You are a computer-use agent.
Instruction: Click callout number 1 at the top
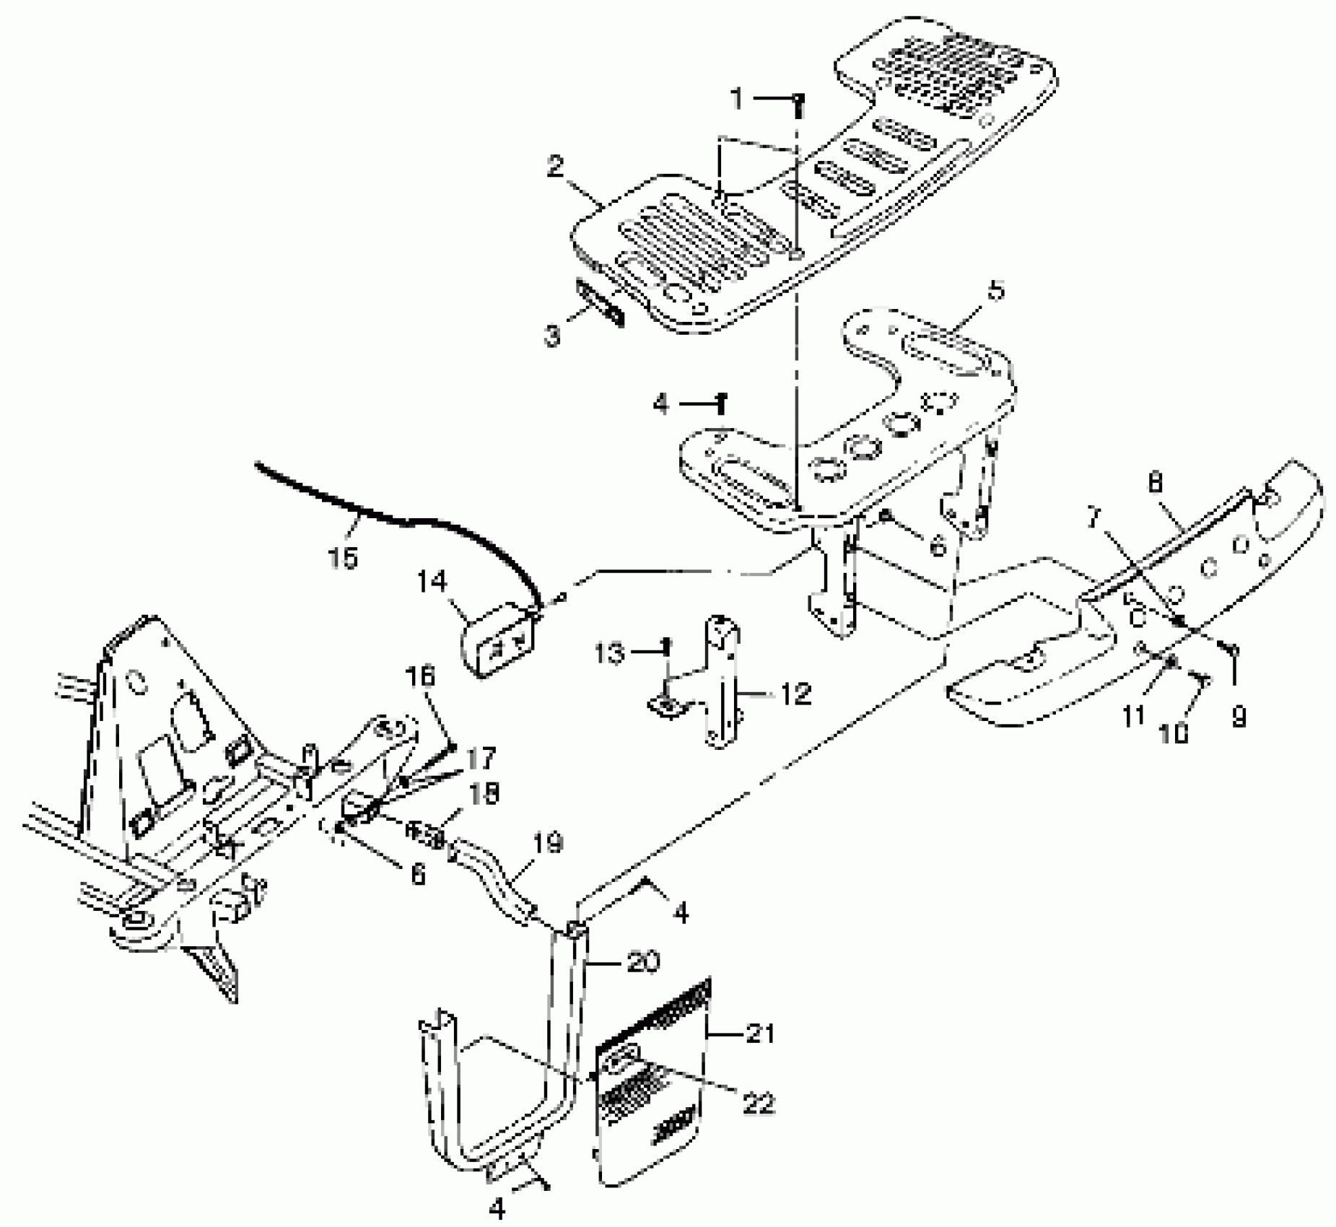coord(736,100)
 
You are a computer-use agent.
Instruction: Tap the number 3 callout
coord(553,337)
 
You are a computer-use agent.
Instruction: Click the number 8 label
coord(1156,483)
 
